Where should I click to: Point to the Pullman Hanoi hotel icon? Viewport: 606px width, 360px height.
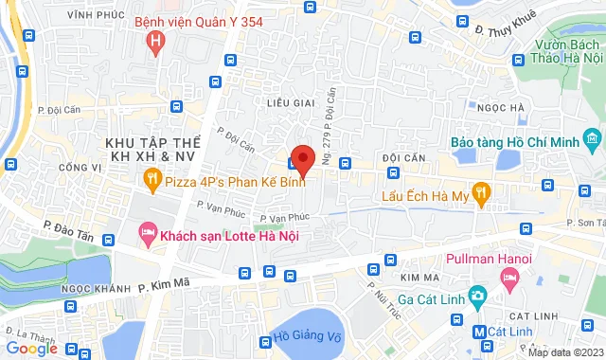(510, 277)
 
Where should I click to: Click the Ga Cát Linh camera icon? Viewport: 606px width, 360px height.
(478, 297)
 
